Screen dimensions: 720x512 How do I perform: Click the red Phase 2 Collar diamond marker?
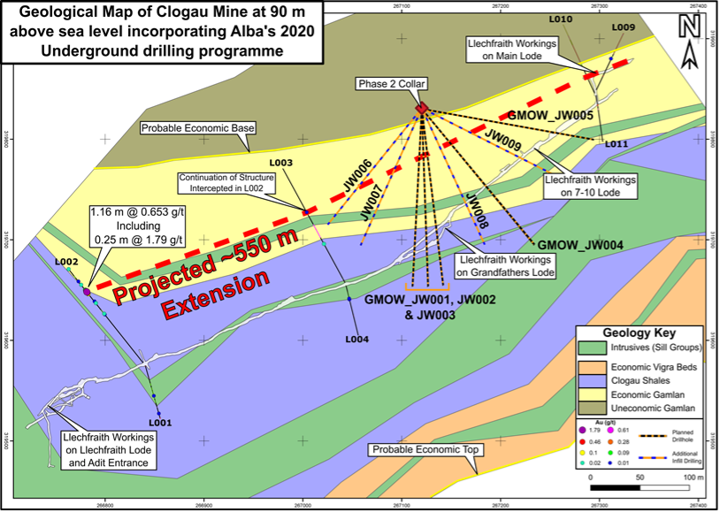pyautogui.click(x=422, y=109)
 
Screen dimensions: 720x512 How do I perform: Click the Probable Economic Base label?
pyautogui.click(x=196, y=128)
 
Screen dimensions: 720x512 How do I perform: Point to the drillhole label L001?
pyautogui.click(x=159, y=423)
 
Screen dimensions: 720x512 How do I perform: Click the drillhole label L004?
pyautogui.click(x=356, y=339)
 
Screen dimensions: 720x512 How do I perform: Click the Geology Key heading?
pyautogui.click(x=639, y=333)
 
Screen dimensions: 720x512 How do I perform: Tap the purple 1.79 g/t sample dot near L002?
pyautogui.click(x=87, y=290)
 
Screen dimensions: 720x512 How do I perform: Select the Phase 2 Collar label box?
pyautogui.click(x=392, y=84)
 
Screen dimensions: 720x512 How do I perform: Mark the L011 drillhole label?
pyautogui.click(x=617, y=143)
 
